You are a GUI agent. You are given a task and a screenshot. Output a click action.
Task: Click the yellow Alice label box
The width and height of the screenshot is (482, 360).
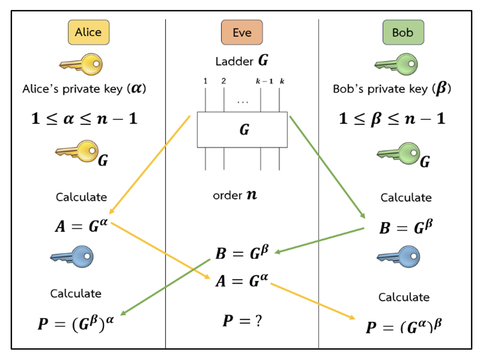coord(88,32)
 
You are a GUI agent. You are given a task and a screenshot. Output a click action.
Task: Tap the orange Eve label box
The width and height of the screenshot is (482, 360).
coord(242,33)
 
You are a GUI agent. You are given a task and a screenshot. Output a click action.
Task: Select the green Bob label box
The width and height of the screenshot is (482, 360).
coord(403,33)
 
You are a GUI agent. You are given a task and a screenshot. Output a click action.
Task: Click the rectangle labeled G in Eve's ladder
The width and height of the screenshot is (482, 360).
coord(242,130)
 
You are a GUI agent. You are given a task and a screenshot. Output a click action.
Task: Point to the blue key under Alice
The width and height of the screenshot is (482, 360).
coord(72,257)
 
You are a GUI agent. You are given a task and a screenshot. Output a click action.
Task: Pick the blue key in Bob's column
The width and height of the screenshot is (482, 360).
coord(399,257)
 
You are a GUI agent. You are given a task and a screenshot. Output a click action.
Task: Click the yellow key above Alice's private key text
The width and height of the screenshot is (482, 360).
coord(82,64)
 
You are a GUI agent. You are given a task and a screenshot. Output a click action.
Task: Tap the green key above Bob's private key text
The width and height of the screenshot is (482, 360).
coord(397,64)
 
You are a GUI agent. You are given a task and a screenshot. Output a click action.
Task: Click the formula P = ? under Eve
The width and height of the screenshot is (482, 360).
coord(242,321)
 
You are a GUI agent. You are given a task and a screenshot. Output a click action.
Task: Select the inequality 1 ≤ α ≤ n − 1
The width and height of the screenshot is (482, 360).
coord(84,119)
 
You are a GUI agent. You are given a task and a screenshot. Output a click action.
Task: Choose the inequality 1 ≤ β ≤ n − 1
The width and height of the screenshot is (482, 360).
coord(392,119)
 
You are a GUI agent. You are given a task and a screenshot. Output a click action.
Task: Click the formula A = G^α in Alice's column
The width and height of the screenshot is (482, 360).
coord(82,225)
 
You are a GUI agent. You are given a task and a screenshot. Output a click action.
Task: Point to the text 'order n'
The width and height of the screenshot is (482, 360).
coord(235,195)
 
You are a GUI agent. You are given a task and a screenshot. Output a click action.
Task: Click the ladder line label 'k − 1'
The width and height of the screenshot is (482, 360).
coord(264,81)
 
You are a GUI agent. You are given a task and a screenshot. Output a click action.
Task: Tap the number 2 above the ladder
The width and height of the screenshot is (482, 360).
coord(224,81)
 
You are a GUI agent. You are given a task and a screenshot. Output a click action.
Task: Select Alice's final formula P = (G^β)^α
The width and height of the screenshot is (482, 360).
coord(76,324)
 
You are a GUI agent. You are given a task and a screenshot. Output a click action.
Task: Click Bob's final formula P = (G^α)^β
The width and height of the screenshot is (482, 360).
coord(404,326)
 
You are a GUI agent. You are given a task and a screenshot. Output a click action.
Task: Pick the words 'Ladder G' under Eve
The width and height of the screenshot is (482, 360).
coord(242,61)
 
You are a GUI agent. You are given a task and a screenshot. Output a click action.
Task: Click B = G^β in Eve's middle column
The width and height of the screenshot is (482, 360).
coord(242,253)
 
